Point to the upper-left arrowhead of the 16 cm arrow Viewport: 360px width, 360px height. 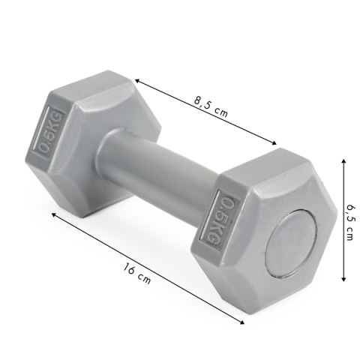click(x=52, y=213)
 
